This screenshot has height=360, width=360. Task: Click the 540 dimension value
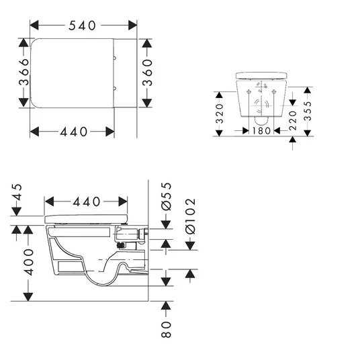tap(82, 26)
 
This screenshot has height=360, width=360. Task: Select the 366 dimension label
tap(24, 72)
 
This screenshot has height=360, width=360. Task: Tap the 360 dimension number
tap(147, 73)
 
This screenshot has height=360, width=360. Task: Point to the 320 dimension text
tap(220, 114)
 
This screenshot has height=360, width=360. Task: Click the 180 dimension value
tap(261, 131)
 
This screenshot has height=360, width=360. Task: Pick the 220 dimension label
tap(293, 120)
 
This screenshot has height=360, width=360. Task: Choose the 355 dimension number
tap(308, 111)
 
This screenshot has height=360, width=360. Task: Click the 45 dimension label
tap(17, 192)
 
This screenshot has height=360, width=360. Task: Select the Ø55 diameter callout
tap(166, 197)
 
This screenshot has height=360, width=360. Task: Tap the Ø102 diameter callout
tap(191, 216)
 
